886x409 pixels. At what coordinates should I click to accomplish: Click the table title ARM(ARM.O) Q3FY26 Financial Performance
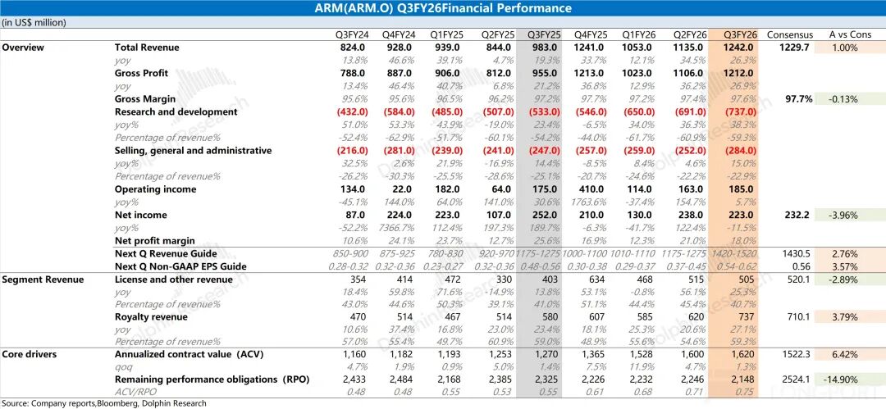[443, 8]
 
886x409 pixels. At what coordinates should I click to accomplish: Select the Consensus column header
[789, 34]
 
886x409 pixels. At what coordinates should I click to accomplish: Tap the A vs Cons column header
[850, 34]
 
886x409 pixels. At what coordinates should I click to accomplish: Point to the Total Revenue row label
[147, 48]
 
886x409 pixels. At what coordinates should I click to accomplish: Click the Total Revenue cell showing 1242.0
[740, 48]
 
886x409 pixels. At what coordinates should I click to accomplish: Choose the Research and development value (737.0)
[740, 111]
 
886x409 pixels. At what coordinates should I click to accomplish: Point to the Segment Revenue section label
[43, 279]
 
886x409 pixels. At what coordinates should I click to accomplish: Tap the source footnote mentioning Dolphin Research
[103, 403]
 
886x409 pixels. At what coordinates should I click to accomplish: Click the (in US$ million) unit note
[34, 22]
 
